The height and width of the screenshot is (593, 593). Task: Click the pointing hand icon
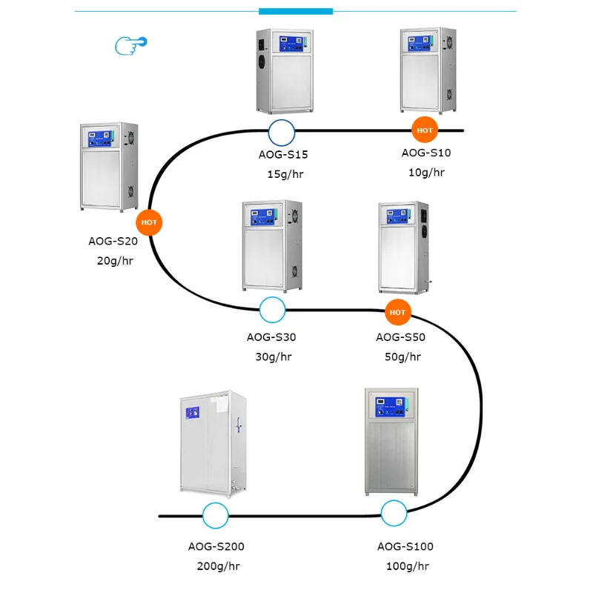point(130,45)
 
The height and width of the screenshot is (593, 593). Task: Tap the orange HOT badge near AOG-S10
point(425,130)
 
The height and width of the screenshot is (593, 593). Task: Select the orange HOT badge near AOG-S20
point(149,222)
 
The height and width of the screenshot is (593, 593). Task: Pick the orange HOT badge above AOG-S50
point(398,312)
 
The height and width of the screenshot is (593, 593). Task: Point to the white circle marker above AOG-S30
point(273,310)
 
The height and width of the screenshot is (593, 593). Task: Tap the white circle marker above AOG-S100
point(394,513)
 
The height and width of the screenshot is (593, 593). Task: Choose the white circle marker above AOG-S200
point(216,515)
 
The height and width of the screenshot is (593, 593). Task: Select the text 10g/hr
point(426,173)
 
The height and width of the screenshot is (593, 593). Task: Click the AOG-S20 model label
point(113,241)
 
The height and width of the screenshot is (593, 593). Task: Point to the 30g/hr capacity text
point(274,357)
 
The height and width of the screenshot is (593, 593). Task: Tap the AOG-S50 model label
point(400,337)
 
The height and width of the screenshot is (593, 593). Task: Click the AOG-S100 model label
point(405,547)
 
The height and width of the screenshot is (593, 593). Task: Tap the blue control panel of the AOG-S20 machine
point(103,138)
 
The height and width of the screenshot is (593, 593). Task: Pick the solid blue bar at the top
point(296,11)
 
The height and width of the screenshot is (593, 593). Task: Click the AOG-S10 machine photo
point(428,70)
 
